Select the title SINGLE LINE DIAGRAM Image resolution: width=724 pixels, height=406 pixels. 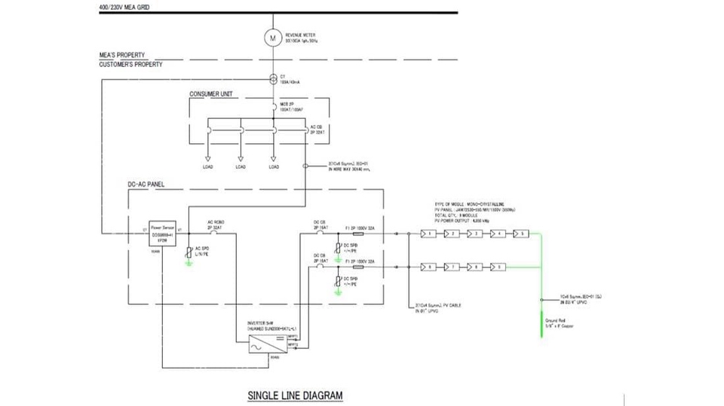[x=295, y=395]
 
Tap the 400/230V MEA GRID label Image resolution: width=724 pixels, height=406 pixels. [x=124, y=7]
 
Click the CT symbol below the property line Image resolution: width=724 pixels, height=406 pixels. [x=273, y=79]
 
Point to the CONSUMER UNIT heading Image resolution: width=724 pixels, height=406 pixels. [x=210, y=94]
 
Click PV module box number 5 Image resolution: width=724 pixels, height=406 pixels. [x=521, y=234]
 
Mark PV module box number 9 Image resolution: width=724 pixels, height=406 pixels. [x=498, y=267]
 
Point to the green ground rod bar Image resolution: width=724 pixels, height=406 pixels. [x=541, y=325]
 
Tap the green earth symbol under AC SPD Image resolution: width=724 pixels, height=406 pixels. [x=189, y=264]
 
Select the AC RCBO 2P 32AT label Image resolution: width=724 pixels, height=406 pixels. [x=216, y=224]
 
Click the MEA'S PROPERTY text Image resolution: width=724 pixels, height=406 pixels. [x=122, y=55]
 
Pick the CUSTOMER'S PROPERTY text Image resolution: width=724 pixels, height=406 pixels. [x=130, y=65]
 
